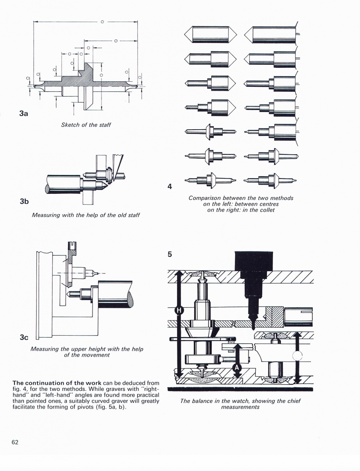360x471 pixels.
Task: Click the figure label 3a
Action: [24, 113]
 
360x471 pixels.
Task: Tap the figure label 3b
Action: [24, 201]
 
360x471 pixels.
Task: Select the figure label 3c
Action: [24, 337]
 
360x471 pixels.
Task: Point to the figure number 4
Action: [170, 187]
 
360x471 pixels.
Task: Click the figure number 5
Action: [170, 254]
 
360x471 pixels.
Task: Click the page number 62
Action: [15, 442]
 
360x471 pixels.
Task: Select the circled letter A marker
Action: [237, 368]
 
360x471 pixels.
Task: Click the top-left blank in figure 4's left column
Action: [210, 35]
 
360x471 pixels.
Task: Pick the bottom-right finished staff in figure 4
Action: [271, 180]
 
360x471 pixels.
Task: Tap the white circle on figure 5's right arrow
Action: [297, 356]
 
